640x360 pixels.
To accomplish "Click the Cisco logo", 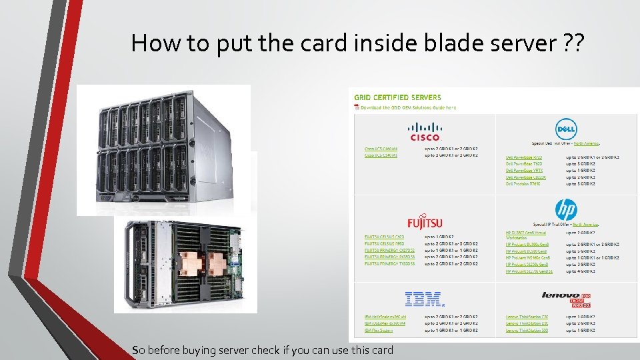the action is point(425,131).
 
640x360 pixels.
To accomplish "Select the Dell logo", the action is point(565,129).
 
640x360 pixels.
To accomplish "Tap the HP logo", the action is point(565,211).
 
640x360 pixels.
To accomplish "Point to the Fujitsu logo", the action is point(425,222).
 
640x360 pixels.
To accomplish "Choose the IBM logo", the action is point(424,299).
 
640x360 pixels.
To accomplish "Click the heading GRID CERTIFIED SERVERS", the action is point(397,97).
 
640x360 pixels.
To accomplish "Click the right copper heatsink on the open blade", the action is point(220,263).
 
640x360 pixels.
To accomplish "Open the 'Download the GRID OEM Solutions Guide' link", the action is point(408,107).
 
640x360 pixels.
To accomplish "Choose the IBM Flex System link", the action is point(378,330).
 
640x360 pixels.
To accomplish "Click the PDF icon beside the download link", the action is point(357,107).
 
